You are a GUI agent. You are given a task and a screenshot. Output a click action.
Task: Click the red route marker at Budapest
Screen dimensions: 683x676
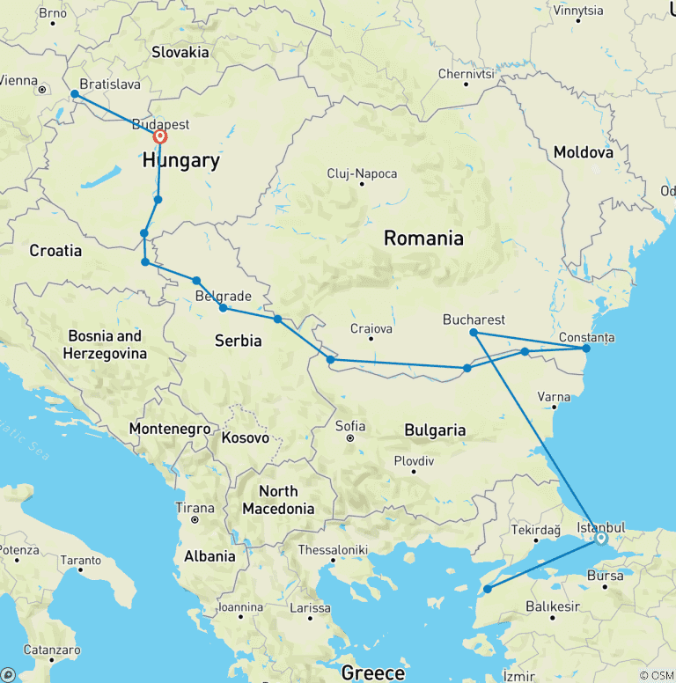coord(160,136)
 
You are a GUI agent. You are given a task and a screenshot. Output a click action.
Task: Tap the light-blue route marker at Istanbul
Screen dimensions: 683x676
coord(601,538)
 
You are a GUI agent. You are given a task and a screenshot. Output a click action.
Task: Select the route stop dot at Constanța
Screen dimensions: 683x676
coord(586,349)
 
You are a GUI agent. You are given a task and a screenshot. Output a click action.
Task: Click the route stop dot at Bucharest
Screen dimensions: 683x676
coord(474,333)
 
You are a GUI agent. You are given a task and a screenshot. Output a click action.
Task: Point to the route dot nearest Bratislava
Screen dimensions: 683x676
coord(75,93)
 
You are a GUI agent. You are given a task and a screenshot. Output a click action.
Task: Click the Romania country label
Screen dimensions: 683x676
coord(422,238)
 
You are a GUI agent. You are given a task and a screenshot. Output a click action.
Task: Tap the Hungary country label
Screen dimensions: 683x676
coord(180,161)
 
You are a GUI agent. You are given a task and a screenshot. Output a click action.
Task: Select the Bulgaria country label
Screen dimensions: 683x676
coord(435,430)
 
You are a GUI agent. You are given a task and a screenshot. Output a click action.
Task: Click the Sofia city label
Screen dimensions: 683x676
coord(350,426)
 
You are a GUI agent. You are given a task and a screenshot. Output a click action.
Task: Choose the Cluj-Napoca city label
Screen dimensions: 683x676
coord(362,173)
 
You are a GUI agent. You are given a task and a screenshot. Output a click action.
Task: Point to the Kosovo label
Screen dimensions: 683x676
coord(245,437)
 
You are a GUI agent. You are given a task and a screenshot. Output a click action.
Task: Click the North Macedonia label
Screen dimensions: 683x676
coord(278,500)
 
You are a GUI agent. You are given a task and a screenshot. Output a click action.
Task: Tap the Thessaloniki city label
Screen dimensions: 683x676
coord(334,548)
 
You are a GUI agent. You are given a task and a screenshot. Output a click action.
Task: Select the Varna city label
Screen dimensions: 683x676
coord(555,397)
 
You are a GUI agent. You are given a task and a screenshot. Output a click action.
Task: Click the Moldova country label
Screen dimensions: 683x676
coord(583,152)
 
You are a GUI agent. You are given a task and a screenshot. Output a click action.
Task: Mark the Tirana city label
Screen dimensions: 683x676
coord(195,508)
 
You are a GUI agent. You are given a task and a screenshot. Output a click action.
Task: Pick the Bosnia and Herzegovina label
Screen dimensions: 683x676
coord(104,344)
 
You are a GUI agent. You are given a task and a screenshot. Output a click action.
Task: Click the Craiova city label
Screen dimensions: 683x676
coord(371,328)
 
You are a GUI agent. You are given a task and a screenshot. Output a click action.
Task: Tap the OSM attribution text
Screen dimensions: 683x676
coord(657,675)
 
